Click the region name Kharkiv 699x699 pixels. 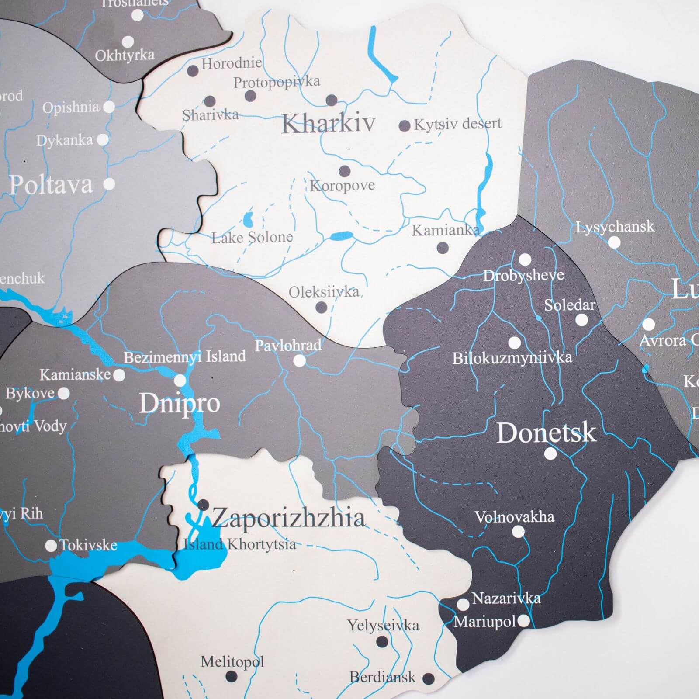click(328, 123)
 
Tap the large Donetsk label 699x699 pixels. click(546, 433)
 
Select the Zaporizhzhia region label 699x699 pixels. click(288, 518)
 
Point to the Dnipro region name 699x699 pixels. click(180, 403)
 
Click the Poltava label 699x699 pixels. click(51, 185)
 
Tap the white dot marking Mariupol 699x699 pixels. click(523, 621)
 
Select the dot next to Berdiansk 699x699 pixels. click(429, 678)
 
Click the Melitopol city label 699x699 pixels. click(232, 662)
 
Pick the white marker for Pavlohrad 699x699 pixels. click(299, 361)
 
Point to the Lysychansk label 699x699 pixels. click(615, 227)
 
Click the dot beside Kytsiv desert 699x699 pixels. click(405, 126)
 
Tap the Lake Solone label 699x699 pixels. click(252, 238)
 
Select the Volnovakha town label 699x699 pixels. click(514, 517)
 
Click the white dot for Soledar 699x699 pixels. click(581, 320)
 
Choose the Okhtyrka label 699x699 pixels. click(125, 55)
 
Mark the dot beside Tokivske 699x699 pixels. click(51, 545)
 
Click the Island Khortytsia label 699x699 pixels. click(239, 544)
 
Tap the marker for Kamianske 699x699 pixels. click(119, 375)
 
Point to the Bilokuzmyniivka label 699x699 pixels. click(512, 358)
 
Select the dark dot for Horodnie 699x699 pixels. click(193, 70)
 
